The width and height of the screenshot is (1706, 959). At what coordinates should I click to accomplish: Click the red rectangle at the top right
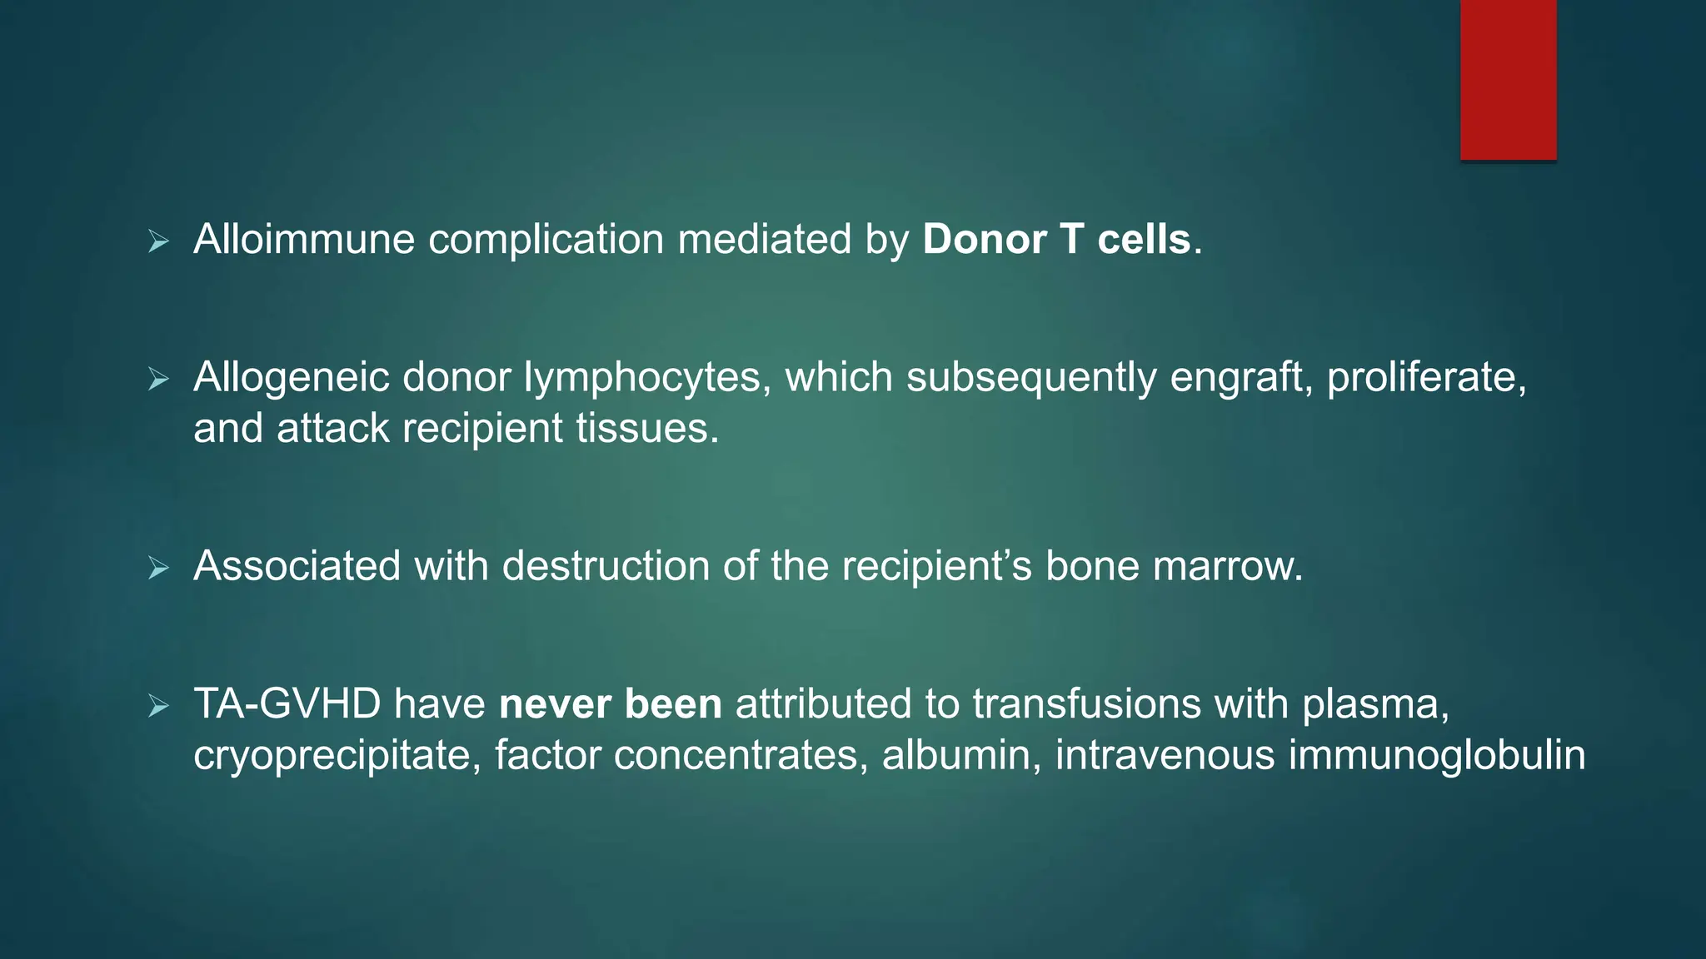(x=1508, y=80)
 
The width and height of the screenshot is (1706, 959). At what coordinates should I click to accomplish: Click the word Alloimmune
(x=304, y=240)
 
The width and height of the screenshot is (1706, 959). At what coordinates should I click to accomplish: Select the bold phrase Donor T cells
(x=1057, y=240)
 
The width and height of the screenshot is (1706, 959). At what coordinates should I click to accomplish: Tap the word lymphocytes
(x=642, y=378)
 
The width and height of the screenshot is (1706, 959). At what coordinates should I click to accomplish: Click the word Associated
(x=297, y=566)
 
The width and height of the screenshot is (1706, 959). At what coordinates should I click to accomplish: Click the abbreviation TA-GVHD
(x=287, y=704)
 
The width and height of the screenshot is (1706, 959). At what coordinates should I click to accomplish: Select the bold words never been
(x=610, y=704)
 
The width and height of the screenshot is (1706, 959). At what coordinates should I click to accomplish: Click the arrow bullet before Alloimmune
(x=158, y=242)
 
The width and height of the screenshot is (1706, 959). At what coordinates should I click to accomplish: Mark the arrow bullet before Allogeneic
(x=158, y=380)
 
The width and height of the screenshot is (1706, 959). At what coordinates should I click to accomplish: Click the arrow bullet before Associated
(x=158, y=569)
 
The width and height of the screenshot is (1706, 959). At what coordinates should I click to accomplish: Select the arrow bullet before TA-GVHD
(x=158, y=707)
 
